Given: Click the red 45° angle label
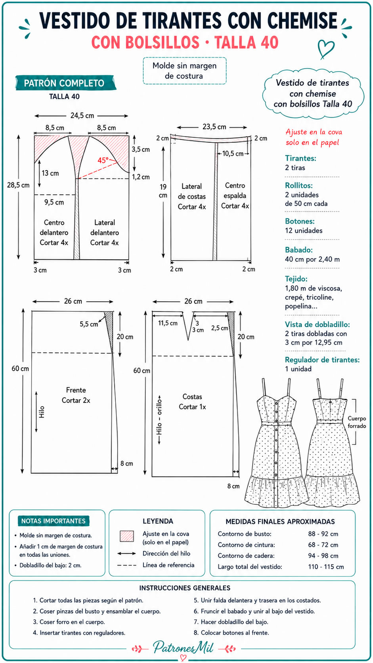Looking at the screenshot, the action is [x=103, y=160].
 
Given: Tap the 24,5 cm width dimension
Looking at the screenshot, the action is [x=82, y=115].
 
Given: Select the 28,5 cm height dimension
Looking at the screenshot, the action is [x=18, y=185].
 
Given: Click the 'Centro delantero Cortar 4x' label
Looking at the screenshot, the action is [x=54, y=232].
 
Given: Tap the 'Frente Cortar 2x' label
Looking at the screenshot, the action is [x=76, y=395].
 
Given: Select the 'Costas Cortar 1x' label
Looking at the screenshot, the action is [x=192, y=402].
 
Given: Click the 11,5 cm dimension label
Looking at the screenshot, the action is [x=168, y=323].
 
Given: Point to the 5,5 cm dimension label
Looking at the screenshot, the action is [x=89, y=324].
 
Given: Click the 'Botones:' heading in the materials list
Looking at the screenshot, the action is [x=300, y=221].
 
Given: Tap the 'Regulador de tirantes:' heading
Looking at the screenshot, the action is [x=322, y=360].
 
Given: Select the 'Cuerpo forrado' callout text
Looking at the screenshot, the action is [x=357, y=422].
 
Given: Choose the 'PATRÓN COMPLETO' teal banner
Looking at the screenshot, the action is [x=65, y=83].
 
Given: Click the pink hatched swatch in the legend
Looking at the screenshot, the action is [x=127, y=536].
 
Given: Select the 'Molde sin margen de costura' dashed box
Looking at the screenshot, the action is [x=185, y=71].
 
